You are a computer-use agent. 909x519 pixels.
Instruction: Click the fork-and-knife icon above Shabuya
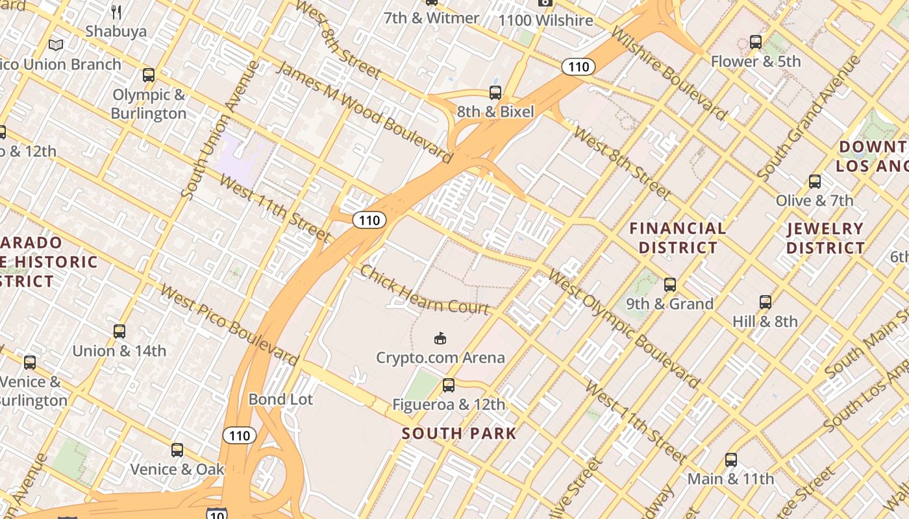coord(117,12)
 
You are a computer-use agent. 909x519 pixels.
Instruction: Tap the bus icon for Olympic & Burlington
coord(149,75)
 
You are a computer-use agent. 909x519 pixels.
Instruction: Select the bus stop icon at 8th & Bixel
coord(495,93)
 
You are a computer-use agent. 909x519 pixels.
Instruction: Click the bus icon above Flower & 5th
coord(756,42)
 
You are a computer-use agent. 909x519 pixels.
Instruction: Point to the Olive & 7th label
coord(814,200)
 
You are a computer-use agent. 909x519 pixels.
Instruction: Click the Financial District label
coord(678,237)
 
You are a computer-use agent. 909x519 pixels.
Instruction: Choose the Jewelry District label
coord(825,237)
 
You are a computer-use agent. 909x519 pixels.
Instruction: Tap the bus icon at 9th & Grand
coord(670,285)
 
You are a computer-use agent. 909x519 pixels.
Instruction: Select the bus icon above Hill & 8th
coord(766,302)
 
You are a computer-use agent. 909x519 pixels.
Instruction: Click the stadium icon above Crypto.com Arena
coord(440,338)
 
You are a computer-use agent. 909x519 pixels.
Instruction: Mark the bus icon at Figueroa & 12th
coord(449,385)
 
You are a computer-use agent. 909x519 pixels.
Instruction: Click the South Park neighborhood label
coord(459,433)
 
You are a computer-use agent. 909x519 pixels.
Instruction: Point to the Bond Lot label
coord(280,399)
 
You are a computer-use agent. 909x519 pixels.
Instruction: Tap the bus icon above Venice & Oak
coord(177,450)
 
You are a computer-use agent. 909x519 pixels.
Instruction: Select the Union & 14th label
coord(119,351)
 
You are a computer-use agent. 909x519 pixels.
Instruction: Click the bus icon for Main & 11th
coord(731,460)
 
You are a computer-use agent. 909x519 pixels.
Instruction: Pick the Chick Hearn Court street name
coord(424,289)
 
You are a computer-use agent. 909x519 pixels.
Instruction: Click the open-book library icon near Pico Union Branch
coord(56,45)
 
